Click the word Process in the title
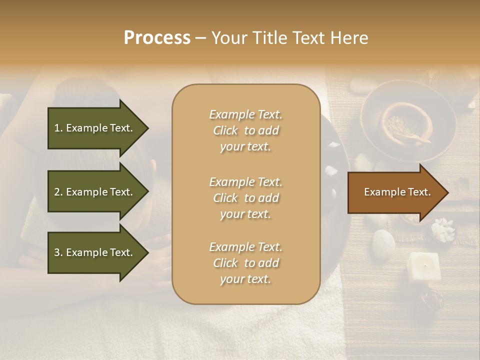(157, 38)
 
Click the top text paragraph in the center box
(245, 130)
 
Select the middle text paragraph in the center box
(245, 197)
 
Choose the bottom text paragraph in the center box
(245, 263)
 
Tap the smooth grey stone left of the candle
(383, 244)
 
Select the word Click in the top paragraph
(225, 130)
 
